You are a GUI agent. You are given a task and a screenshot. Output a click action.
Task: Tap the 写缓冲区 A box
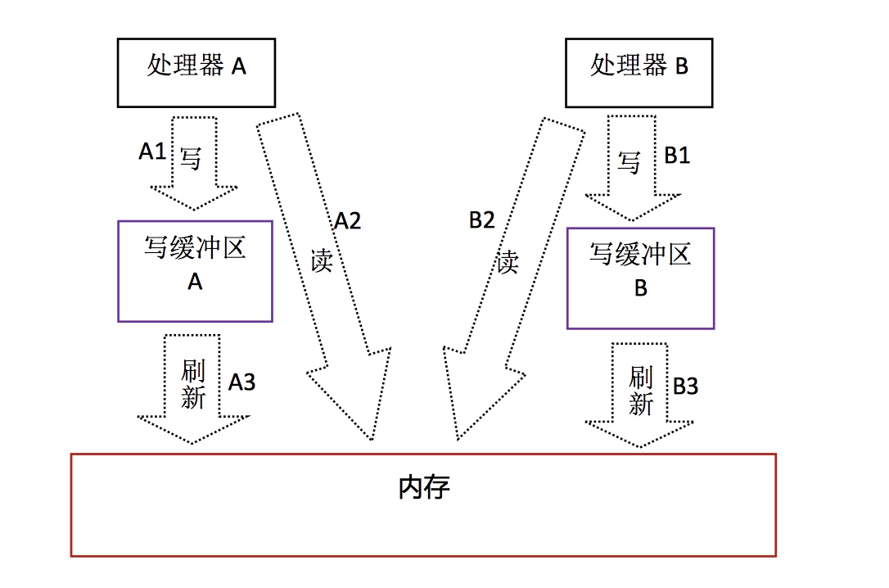tap(195, 270)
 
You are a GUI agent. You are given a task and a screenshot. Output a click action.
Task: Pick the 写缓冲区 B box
tap(640, 278)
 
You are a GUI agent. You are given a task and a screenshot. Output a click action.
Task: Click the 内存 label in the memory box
tap(424, 489)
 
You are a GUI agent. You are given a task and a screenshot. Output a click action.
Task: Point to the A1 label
tap(153, 152)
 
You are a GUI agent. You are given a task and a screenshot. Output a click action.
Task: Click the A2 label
tap(347, 221)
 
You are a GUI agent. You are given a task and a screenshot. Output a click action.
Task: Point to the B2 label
tap(482, 220)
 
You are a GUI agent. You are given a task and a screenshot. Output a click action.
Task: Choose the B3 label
tap(685, 387)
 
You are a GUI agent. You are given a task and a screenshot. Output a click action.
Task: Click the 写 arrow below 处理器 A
tap(193, 164)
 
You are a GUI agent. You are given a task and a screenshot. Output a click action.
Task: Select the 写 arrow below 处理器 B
tap(631, 168)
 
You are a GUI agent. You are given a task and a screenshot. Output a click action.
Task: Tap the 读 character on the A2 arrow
tap(322, 260)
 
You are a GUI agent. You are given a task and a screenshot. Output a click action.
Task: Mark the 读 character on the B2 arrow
tap(508, 262)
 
